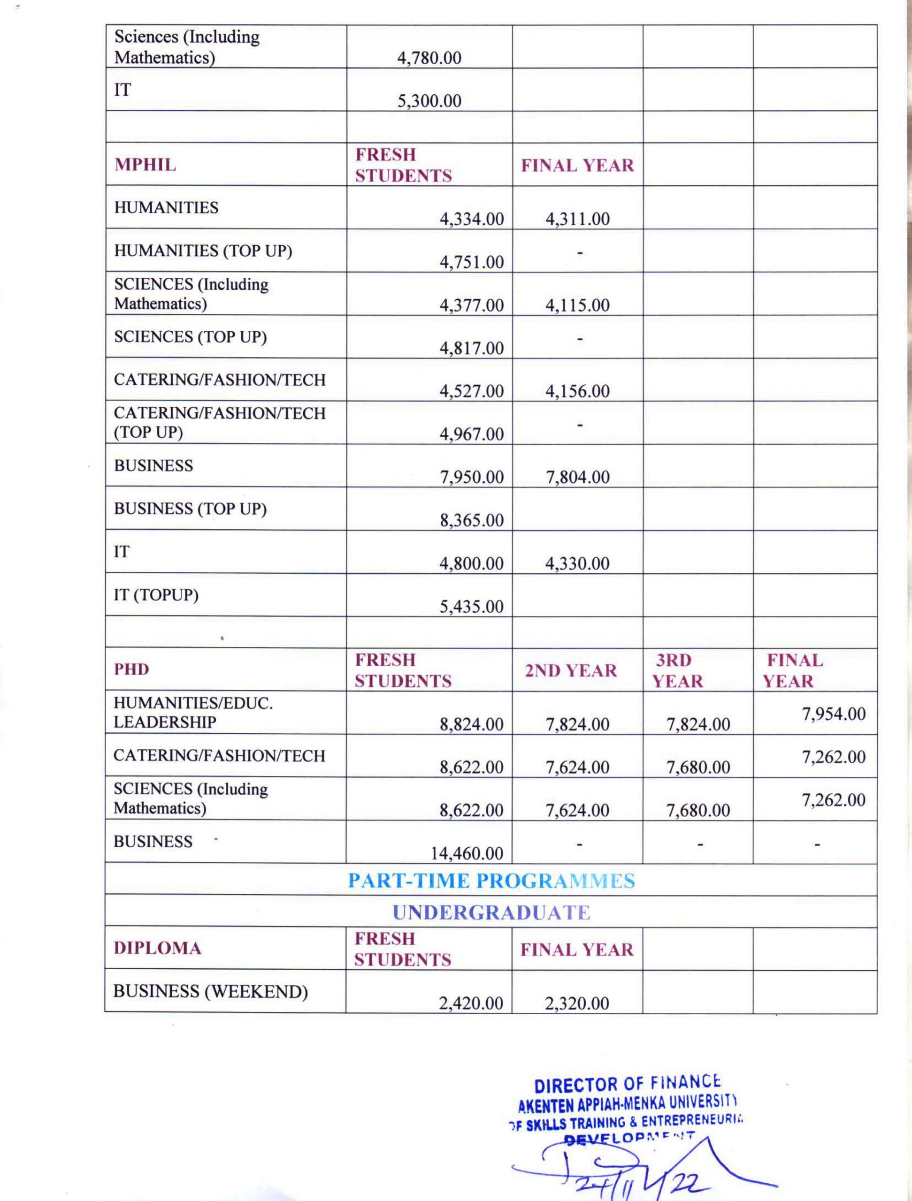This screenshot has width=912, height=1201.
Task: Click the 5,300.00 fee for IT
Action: coord(429,101)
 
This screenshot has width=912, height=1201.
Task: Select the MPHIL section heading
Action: coord(145,165)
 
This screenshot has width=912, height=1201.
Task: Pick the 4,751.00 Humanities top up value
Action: coord(471,262)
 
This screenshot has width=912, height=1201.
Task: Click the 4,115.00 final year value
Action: coord(577,305)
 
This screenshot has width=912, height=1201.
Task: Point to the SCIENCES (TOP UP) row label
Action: coord(190,337)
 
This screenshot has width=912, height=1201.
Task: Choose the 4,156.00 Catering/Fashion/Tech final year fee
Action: coord(577,391)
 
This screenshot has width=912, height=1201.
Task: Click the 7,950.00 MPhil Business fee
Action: coord(471,477)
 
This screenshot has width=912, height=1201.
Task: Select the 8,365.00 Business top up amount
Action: coord(471,520)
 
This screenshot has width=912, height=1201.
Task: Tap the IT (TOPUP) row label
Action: coord(156,595)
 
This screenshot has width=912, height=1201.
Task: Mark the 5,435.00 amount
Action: coord(471,606)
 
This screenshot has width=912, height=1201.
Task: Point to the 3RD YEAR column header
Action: coord(677,670)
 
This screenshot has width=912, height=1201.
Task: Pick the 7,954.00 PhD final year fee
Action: coord(833,714)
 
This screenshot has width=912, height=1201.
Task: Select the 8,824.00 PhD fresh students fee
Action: coord(471,724)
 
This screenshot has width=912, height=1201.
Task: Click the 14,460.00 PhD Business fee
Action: coord(467,853)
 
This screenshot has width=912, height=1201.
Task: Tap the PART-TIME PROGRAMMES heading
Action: coord(491,881)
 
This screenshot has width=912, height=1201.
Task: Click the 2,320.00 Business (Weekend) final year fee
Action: coord(577,1003)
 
